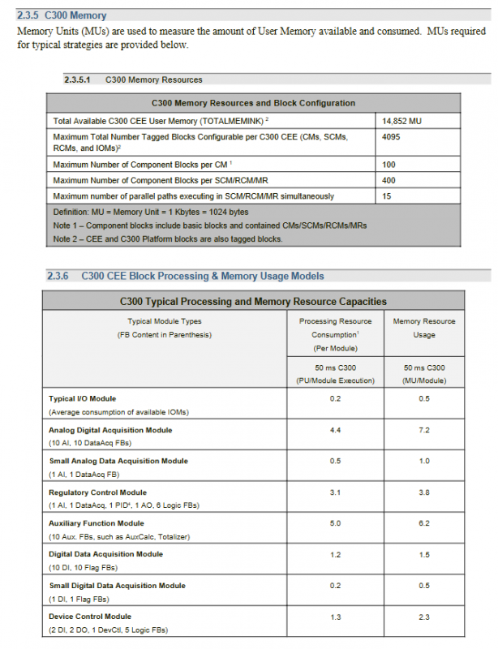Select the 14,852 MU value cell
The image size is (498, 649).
401,121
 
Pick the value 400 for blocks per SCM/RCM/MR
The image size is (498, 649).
389,180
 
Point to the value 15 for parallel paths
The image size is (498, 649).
386,196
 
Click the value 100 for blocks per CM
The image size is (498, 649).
389,165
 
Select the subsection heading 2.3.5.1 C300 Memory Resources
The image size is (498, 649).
133,80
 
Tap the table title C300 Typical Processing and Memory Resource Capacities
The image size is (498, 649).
252,301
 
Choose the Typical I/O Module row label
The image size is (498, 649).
82,398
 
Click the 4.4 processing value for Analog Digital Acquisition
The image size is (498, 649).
335,430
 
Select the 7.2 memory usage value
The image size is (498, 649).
423,430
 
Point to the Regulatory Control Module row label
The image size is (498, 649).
97,492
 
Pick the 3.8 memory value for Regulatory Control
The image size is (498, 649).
423,492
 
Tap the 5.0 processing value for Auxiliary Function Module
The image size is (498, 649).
335,523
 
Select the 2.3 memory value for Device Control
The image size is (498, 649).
423,617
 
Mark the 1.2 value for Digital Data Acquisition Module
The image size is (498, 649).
335,554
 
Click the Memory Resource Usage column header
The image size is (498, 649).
424,328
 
